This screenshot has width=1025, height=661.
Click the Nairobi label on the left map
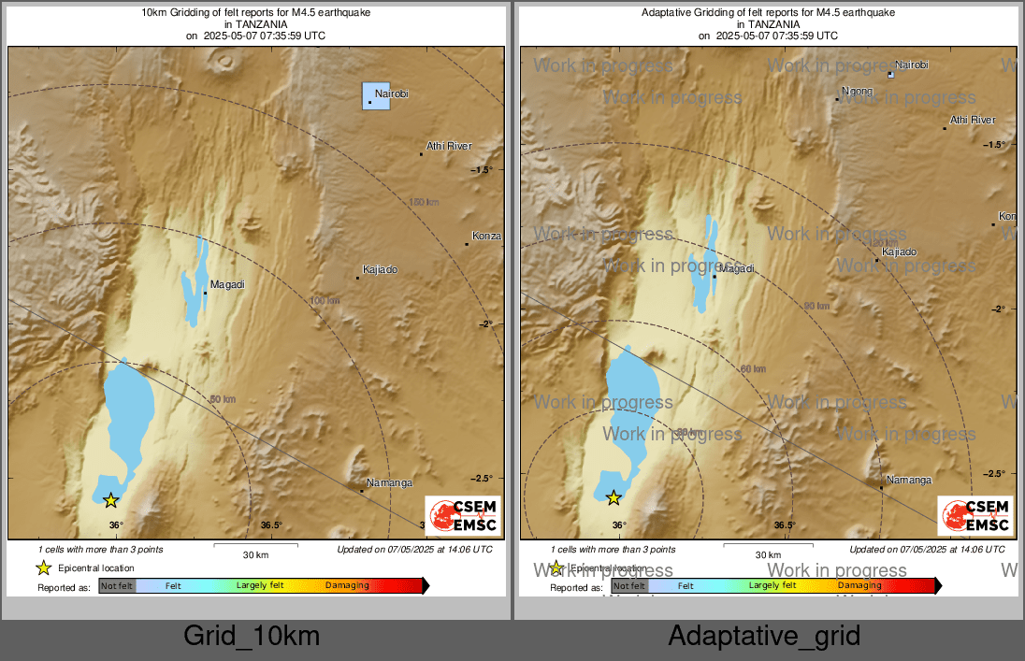coord(392,94)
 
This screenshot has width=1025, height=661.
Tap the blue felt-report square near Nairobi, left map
coord(376,96)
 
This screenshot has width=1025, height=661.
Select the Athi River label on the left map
coord(449,146)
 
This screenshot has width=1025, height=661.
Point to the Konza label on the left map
coord(486,236)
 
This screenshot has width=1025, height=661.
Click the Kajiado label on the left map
coord(380,269)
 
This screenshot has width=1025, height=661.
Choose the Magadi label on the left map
coord(227,284)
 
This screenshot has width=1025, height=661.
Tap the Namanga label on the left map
coord(389,482)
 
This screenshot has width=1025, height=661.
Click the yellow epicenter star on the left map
coord(110,500)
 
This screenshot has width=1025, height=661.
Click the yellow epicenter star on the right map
coord(614,498)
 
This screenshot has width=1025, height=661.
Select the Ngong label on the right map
coord(857,91)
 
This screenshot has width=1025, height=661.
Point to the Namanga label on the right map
coord(909,480)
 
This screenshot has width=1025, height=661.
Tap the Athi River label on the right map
coord(973,120)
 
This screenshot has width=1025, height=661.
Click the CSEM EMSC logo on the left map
coord(463,516)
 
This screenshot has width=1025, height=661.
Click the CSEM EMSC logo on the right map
coord(974,516)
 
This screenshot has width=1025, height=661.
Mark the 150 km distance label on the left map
coord(424,202)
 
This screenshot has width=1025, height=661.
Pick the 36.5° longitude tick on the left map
coord(271,525)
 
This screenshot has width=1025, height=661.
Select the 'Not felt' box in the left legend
coord(117,586)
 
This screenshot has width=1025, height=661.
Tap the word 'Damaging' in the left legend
coord(345,586)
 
